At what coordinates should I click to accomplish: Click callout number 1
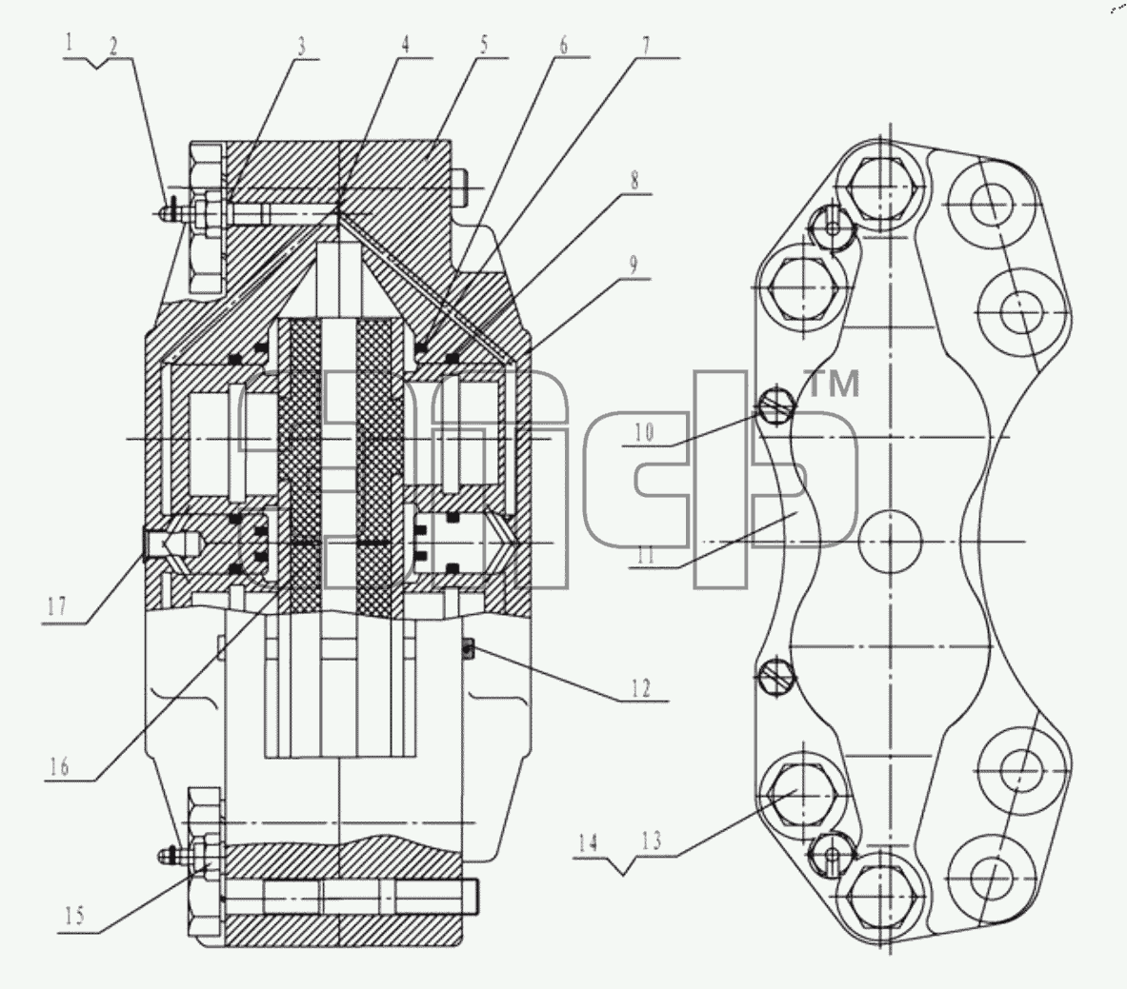coord(70,43)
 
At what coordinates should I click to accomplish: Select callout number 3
coord(302,46)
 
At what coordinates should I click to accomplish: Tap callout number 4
coord(406,45)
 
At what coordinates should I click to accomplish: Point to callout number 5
coord(484,45)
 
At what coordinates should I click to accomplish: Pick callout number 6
coord(564,45)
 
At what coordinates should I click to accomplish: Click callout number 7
coord(646,46)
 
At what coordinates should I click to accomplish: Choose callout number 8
coord(634,180)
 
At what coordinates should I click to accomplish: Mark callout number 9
coord(633,265)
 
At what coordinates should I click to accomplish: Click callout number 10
coord(644,432)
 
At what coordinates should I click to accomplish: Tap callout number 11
coord(645,554)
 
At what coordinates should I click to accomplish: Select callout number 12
coord(640,688)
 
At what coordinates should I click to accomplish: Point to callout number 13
coord(652,841)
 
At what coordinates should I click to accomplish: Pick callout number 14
coord(588,841)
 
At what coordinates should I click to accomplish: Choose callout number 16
coord(59,766)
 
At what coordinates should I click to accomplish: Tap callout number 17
coord(57,607)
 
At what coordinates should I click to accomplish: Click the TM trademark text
coord(834,384)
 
